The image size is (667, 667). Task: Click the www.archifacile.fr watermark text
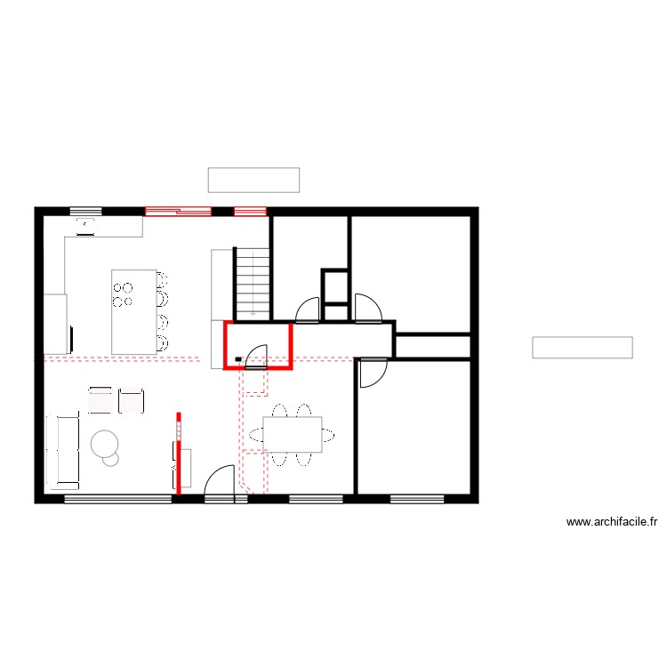(611, 523)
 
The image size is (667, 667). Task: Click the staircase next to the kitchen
(253, 283)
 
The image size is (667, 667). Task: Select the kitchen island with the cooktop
(133, 310)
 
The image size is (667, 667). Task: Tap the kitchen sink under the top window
(85, 226)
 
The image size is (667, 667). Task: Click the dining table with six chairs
(292, 435)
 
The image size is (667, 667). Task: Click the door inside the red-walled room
(257, 357)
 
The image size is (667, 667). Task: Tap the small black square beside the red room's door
(237, 359)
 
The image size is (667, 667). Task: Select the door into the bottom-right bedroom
(372, 374)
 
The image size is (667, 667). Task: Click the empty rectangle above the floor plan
(253, 180)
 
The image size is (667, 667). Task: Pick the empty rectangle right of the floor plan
(582, 348)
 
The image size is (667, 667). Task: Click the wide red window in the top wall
(178, 212)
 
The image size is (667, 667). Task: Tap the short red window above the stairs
(250, 212)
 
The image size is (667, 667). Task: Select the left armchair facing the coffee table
(100, 400)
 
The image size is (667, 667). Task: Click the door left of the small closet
(308, 309)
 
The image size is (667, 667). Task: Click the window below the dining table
(315, 498)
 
